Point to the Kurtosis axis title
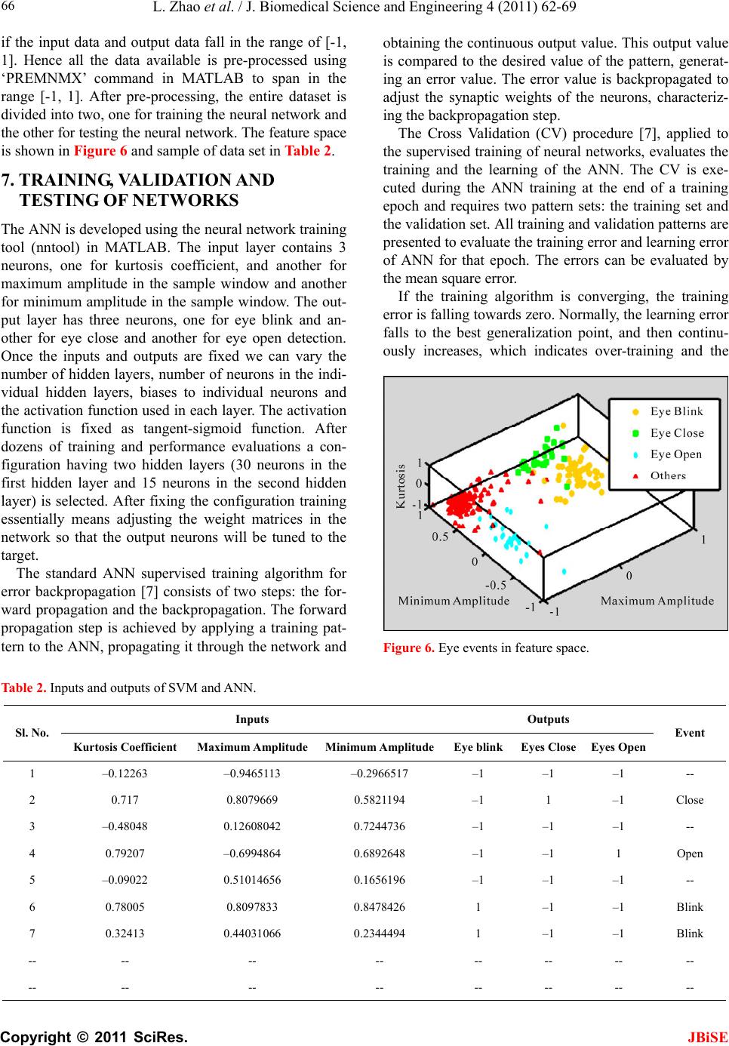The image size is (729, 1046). click(x=401, y=487)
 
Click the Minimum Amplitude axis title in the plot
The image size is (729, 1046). click(x=454, y=601)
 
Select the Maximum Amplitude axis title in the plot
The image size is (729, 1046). click(x=657, y=601)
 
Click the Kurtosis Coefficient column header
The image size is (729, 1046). click(x=125, y=747)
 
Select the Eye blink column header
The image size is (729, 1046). click(x=478, y=747)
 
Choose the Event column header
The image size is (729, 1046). click(x=690, y=733)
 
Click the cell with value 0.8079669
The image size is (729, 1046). click(x=252, y=800)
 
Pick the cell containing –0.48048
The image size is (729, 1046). click(x=125, y=826)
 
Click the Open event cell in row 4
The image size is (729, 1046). click(x=690, y=854)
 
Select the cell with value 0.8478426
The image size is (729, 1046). click(x=379, y=907)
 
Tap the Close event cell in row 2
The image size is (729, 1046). click(x=690, y=800)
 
